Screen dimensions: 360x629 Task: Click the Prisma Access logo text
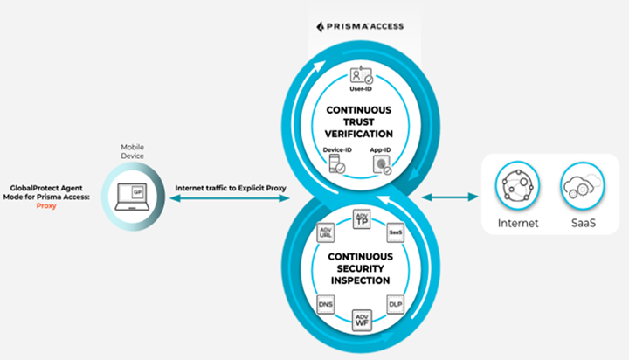(360, 25)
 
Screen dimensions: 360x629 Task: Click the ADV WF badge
(362, 320)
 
